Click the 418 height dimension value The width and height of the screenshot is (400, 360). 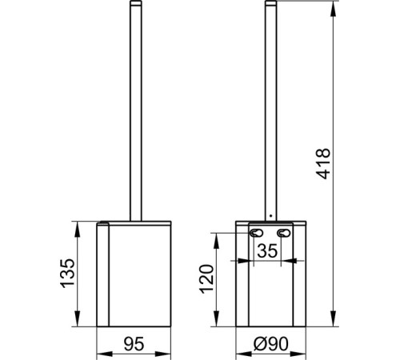323,163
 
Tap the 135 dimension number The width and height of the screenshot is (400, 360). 67,273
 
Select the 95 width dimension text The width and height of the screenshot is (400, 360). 134,343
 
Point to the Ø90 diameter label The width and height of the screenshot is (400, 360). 271,343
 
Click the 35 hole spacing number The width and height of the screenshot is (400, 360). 267,250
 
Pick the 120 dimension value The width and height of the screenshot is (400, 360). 207,279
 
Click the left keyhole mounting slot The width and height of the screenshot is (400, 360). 256,233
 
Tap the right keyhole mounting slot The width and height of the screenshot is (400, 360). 283,233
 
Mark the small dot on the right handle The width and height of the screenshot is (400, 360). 271,215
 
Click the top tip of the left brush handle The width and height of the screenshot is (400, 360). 136,2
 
